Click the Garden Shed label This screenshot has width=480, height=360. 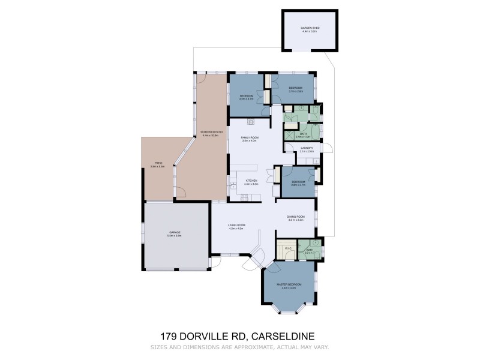311,28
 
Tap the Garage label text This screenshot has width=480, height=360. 175,232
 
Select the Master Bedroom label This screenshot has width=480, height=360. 287,284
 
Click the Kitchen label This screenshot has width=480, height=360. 251,181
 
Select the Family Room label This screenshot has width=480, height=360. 249,137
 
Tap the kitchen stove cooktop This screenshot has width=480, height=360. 244,199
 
